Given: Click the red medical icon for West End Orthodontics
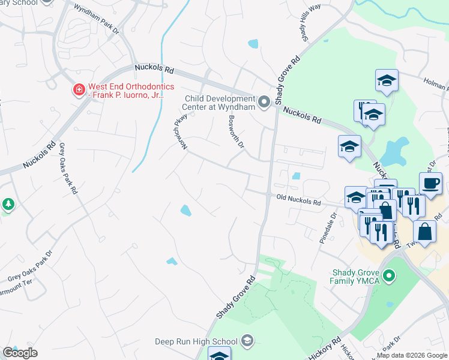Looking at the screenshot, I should tap(78, 90).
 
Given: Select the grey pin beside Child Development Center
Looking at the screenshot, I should tap(264, 103).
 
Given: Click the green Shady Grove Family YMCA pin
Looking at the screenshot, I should tap(390, 277).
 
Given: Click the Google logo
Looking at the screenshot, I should tap(20, 353).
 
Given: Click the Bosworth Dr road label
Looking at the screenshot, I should tap(237, 131).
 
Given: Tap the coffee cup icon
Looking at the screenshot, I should tap(430, 183).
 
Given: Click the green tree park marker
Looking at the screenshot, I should tap(8, 204).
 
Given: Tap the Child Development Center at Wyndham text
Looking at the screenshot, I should tap(220, 103).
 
